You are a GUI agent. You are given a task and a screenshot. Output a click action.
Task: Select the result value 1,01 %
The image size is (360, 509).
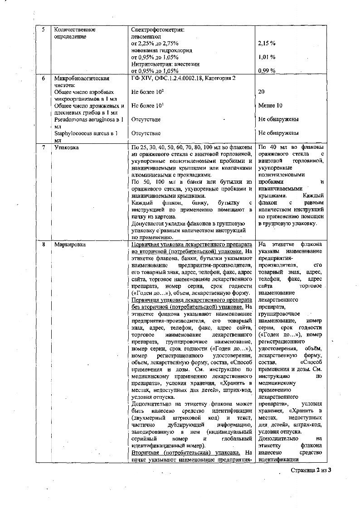pos(267,57)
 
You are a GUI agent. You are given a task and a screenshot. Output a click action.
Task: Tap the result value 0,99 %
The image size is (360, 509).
pos(267,71)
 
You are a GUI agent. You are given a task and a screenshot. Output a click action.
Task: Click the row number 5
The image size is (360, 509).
pos(43,29)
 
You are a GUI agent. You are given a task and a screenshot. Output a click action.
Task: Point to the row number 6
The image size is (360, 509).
pos(43,78)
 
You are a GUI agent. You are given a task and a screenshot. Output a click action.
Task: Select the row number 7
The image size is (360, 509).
pos(43,147)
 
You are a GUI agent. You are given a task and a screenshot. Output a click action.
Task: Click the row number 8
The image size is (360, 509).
pos(43,245)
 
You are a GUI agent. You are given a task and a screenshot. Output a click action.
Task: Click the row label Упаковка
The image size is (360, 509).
pos(65,147)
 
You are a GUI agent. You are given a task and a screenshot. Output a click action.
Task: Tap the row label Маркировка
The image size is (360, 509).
pos(68,245)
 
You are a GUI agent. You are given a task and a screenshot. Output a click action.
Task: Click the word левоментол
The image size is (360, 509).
pos(146,36)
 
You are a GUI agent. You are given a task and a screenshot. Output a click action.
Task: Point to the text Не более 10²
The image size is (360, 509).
pos(147,92)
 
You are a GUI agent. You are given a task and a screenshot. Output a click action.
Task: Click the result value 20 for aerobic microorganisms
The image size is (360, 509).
pos(262,92)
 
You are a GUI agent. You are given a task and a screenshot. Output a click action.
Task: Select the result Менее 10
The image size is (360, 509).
pos(270,106)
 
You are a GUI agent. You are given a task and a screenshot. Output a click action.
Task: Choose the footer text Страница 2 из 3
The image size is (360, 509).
pos(311,470)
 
